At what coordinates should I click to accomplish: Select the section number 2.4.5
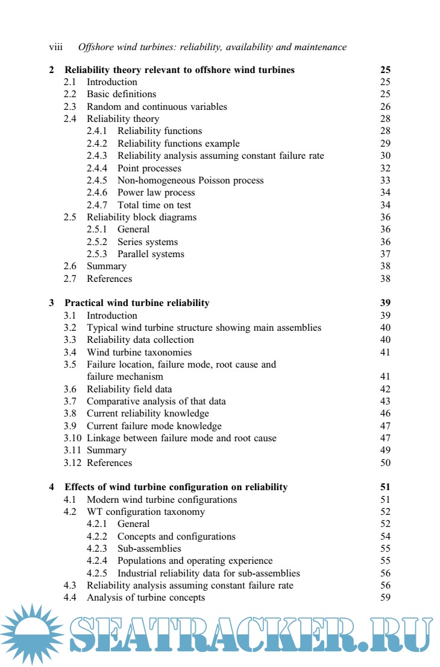[x=97, y=180]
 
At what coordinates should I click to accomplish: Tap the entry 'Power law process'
[x=156, y=193]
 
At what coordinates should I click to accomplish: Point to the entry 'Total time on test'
[x=154, y=205]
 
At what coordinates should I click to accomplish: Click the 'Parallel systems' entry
[x=151, y=254]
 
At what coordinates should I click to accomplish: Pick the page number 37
[x=385, y=254]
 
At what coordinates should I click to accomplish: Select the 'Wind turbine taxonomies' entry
[x=139, y=353]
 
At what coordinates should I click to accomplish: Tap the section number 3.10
[x=73, y=438]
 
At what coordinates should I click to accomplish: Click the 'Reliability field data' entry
[x=129, y=389]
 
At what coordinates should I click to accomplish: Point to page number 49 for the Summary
[x=385, y=450]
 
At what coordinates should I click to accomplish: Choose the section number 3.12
[x=73, y=463]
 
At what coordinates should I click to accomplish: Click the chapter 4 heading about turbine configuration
[x=176, y=487]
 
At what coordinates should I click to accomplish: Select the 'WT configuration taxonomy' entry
[x=145, y=512]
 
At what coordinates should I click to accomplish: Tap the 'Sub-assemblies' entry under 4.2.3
[x=149, y=549]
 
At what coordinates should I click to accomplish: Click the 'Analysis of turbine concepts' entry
[x=145, y=598]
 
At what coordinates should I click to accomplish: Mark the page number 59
[x=385, y=598]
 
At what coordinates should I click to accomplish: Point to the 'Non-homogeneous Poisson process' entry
[x=190, y=180]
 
